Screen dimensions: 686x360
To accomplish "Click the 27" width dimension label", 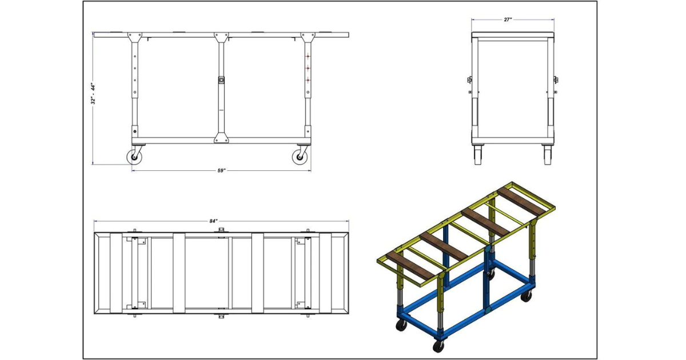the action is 508,19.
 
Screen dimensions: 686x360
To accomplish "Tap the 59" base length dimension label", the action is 221,170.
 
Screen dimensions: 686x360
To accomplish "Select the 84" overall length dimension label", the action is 213,221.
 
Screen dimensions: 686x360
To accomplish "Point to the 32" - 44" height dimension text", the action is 93,94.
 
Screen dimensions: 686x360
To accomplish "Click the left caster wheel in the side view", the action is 134,157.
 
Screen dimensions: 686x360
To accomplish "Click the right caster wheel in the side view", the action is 300,157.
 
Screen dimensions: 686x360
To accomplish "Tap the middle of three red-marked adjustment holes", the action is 308,68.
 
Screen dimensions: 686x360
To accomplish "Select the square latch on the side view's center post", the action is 221,80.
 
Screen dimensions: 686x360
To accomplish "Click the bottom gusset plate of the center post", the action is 221,138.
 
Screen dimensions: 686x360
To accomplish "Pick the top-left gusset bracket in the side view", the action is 135,37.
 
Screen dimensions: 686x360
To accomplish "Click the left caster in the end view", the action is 478,155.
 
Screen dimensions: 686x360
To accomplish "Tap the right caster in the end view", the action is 548,155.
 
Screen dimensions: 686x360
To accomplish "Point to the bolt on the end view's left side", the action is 469,80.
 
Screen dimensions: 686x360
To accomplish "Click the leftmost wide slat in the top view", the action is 116,273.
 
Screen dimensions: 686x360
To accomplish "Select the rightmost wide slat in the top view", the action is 325,273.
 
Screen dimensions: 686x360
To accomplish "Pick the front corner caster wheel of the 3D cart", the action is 438,345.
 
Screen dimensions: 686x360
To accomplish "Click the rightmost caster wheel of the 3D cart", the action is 527,296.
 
